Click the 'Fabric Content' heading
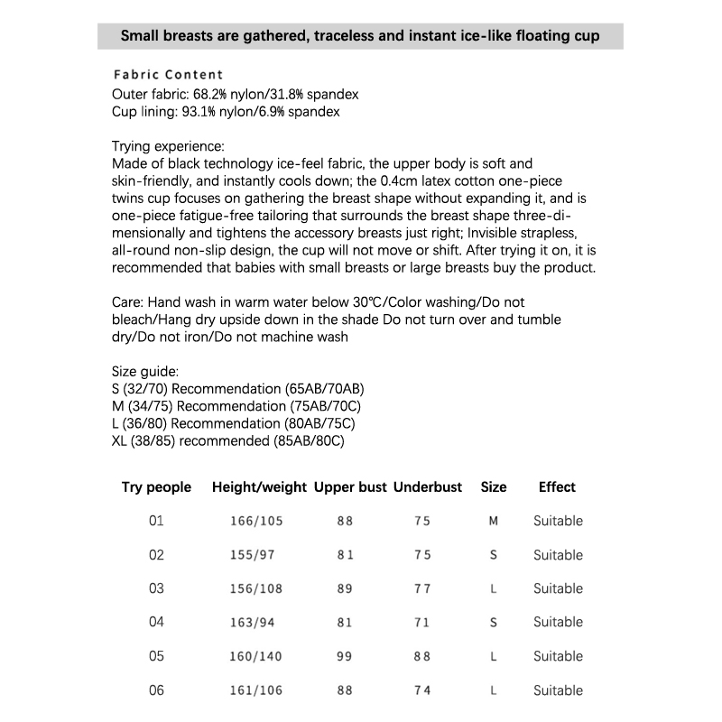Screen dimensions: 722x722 point(169,75)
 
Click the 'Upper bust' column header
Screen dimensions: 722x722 point(350,487)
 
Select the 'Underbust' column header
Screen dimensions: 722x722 point(428,487)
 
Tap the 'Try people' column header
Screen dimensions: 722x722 point(156,487)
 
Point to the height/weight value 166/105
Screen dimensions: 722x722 point(257,521)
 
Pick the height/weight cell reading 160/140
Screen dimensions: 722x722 point(257,657)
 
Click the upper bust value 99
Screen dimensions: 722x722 point(345,657)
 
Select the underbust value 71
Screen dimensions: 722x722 point(422,623)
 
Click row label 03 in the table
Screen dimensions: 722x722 point(156,588)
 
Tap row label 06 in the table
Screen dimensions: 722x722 point(156,690)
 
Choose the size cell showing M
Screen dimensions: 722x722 point(494,521)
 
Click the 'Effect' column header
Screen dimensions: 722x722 point(557,487)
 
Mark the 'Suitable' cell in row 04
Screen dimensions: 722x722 point(558,623)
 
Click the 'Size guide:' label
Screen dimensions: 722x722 point(145,371)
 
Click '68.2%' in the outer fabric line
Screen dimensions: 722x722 point(211,94)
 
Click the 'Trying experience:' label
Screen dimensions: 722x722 point(168,146)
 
